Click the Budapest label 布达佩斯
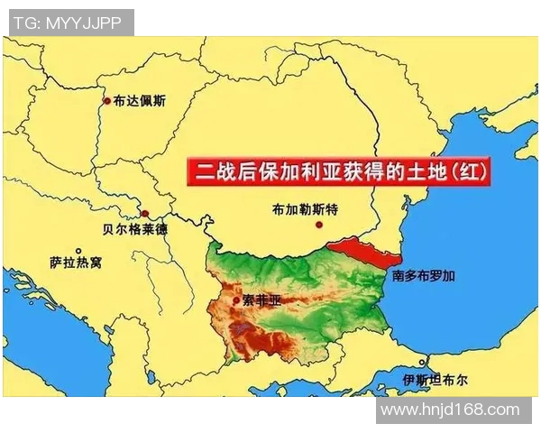(140, 101)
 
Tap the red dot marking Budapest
(107, 101)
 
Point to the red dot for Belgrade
(144, 213)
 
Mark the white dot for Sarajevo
(78, 251)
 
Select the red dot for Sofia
(236, 300)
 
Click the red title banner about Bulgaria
(343, 170)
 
